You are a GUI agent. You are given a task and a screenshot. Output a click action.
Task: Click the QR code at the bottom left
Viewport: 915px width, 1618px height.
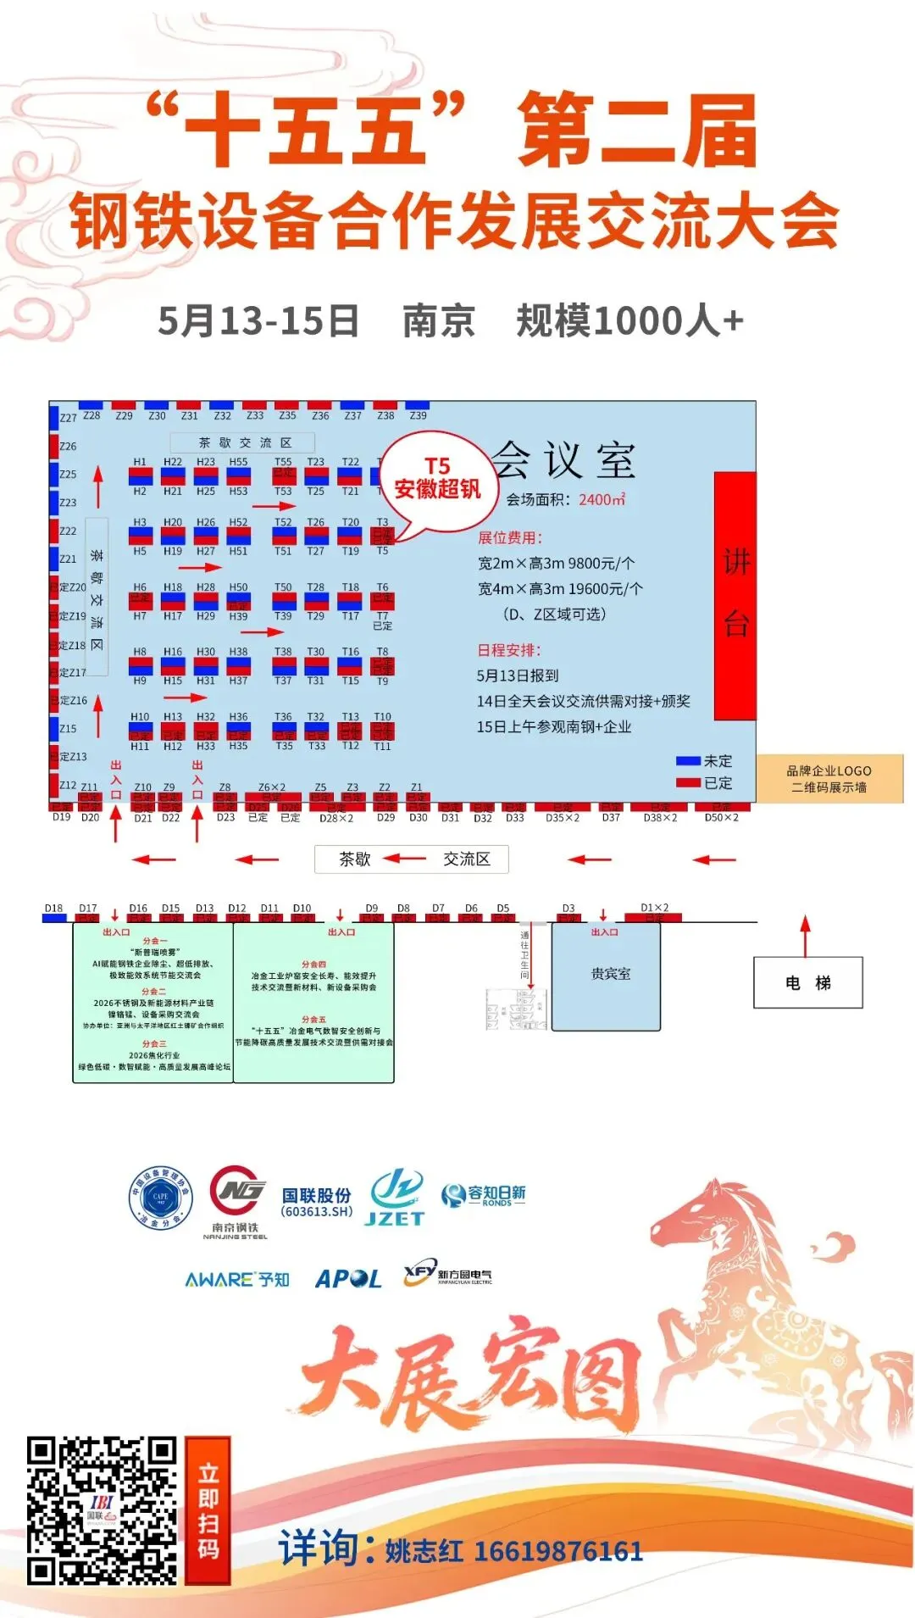(102, 1510)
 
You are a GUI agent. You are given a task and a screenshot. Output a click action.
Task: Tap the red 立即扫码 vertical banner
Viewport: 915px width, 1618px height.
(208, 1510)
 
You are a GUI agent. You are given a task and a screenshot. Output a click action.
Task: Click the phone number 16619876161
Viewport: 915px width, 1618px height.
(558, 1552)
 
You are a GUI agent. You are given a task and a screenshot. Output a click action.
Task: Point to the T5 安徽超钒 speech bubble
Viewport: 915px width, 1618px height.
(436, 480)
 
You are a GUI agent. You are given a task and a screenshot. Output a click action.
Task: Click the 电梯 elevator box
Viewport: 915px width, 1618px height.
(807, 982)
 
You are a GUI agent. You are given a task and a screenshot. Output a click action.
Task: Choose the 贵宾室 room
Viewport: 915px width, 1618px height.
(606, 976)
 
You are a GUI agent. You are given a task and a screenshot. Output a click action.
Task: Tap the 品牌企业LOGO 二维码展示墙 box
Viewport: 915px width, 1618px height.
(829, 778)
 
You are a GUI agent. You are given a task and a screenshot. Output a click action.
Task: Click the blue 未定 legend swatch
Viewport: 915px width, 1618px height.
(688, 761)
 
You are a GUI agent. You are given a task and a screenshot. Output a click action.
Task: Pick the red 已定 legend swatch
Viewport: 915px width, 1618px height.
(688, 783)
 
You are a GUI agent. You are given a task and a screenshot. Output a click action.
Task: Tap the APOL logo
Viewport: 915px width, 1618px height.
(348, 1279)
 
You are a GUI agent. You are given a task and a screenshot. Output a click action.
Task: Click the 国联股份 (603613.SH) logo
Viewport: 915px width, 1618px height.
(316, 1202)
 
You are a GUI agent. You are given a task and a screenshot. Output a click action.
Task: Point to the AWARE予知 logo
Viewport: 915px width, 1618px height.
(237, 1279)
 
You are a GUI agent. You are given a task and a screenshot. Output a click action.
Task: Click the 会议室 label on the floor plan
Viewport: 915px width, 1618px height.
(563, 461)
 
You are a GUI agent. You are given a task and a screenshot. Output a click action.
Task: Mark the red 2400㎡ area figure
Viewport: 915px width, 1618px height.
(602, 500)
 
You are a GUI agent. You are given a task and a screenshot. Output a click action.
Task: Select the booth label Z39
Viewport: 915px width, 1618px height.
(418, 415)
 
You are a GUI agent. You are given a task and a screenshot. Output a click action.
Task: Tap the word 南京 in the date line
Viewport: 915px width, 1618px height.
(438, 321)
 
